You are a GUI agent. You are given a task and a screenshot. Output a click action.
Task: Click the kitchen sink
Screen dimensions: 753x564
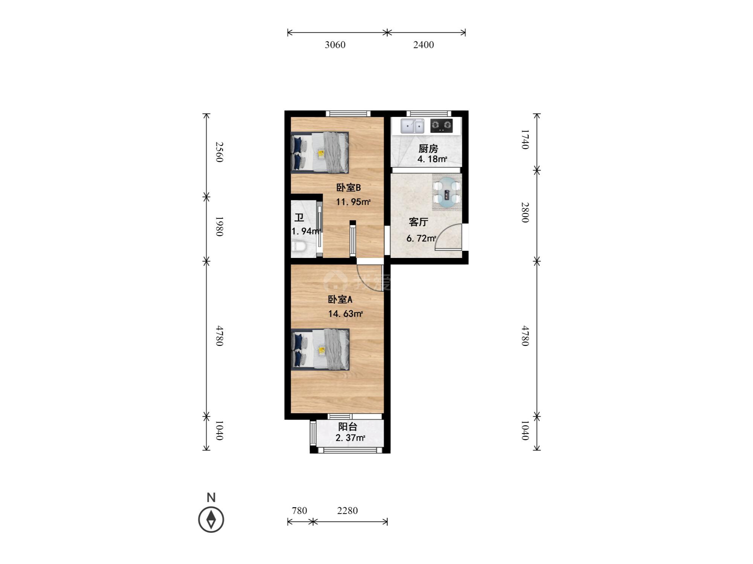(412, 126)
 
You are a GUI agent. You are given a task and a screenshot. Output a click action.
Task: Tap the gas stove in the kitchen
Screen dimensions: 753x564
(441, 126)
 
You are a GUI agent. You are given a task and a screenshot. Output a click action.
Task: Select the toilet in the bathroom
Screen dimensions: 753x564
(300, 247)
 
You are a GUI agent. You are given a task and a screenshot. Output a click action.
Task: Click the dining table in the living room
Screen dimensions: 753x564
(447, 193)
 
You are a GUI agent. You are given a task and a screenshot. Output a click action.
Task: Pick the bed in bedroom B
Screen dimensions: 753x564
(320, 152)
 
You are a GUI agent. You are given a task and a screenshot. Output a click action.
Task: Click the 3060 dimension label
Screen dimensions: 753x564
(335, 45)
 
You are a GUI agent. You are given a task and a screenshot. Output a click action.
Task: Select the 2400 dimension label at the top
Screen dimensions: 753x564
(424, 45)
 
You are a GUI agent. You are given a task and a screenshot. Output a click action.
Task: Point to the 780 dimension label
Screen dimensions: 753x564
(300, 511)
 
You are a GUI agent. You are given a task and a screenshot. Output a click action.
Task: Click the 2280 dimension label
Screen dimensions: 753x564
(348, 511)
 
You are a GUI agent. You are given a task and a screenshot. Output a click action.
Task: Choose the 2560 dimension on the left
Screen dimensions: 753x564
(219, 152)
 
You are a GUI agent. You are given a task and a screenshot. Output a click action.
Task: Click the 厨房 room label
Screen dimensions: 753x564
(428, 149)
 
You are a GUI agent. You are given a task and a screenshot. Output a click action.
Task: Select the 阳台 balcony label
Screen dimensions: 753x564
(348, 427)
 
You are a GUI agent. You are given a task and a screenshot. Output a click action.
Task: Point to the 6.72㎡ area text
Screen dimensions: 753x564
(421, 238)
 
